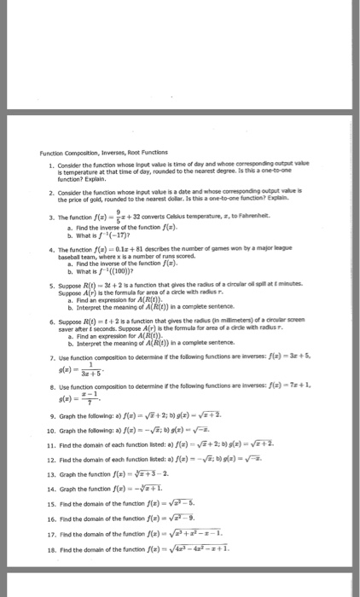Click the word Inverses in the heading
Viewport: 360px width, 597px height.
tap(110, 153)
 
